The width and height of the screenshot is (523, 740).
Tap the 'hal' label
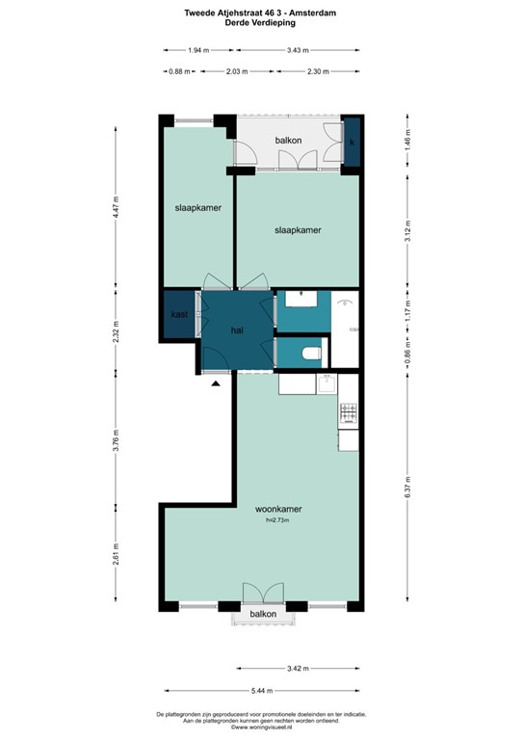(x=237, y=330)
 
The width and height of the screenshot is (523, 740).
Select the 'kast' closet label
(x=179, y=315)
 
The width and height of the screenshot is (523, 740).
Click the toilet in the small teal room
(x=310, y=355)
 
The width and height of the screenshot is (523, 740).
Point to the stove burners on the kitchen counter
(x=348, y=414)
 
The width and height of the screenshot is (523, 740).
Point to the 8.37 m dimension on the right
(x=408, y=489)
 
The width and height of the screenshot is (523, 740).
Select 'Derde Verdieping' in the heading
(x=262, y=24)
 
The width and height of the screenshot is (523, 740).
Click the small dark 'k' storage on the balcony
(x=353, y=142)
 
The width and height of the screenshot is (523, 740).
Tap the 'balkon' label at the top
(x=289, y=141)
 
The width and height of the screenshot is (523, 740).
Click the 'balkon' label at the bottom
(x=264, y=614)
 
